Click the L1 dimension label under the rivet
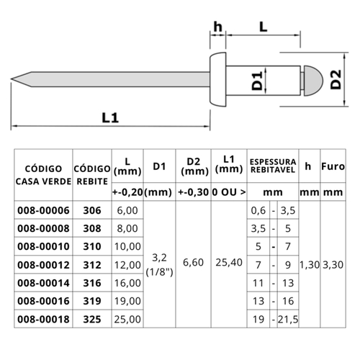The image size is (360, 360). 110,118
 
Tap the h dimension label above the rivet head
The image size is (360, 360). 217,27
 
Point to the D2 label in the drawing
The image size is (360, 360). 336,79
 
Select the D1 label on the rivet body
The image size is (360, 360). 257,81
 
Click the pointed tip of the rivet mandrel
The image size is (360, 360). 12,79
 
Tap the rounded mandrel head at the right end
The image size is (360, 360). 313,81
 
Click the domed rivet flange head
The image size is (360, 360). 218,79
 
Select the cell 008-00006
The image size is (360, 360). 43,210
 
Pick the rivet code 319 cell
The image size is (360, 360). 92,301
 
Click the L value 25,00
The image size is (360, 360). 127,320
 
